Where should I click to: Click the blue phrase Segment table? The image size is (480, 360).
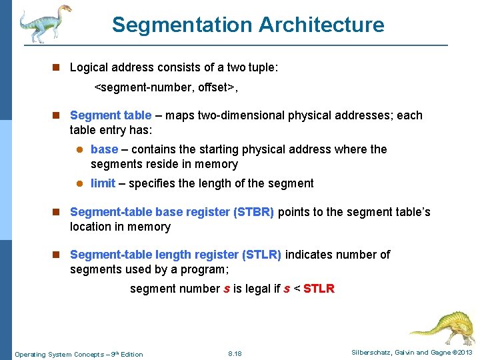111,115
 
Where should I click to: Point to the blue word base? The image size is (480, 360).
104,149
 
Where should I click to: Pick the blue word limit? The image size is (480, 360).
103,183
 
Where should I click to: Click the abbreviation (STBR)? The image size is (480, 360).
253,213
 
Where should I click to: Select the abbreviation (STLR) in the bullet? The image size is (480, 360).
261,255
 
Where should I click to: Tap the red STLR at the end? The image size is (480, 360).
319,289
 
